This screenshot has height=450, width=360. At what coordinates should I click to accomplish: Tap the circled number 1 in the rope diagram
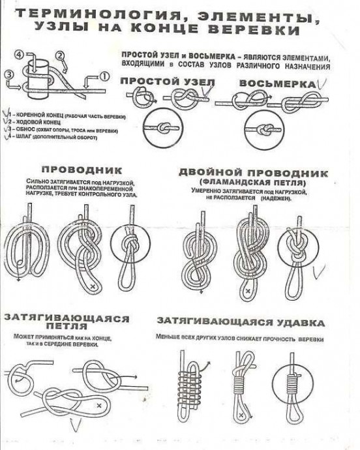(x=103, y=76)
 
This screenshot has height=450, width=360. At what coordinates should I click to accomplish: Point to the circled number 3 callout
(x=8, y=75)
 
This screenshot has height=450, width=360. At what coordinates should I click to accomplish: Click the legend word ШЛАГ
(x=23, y=138)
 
